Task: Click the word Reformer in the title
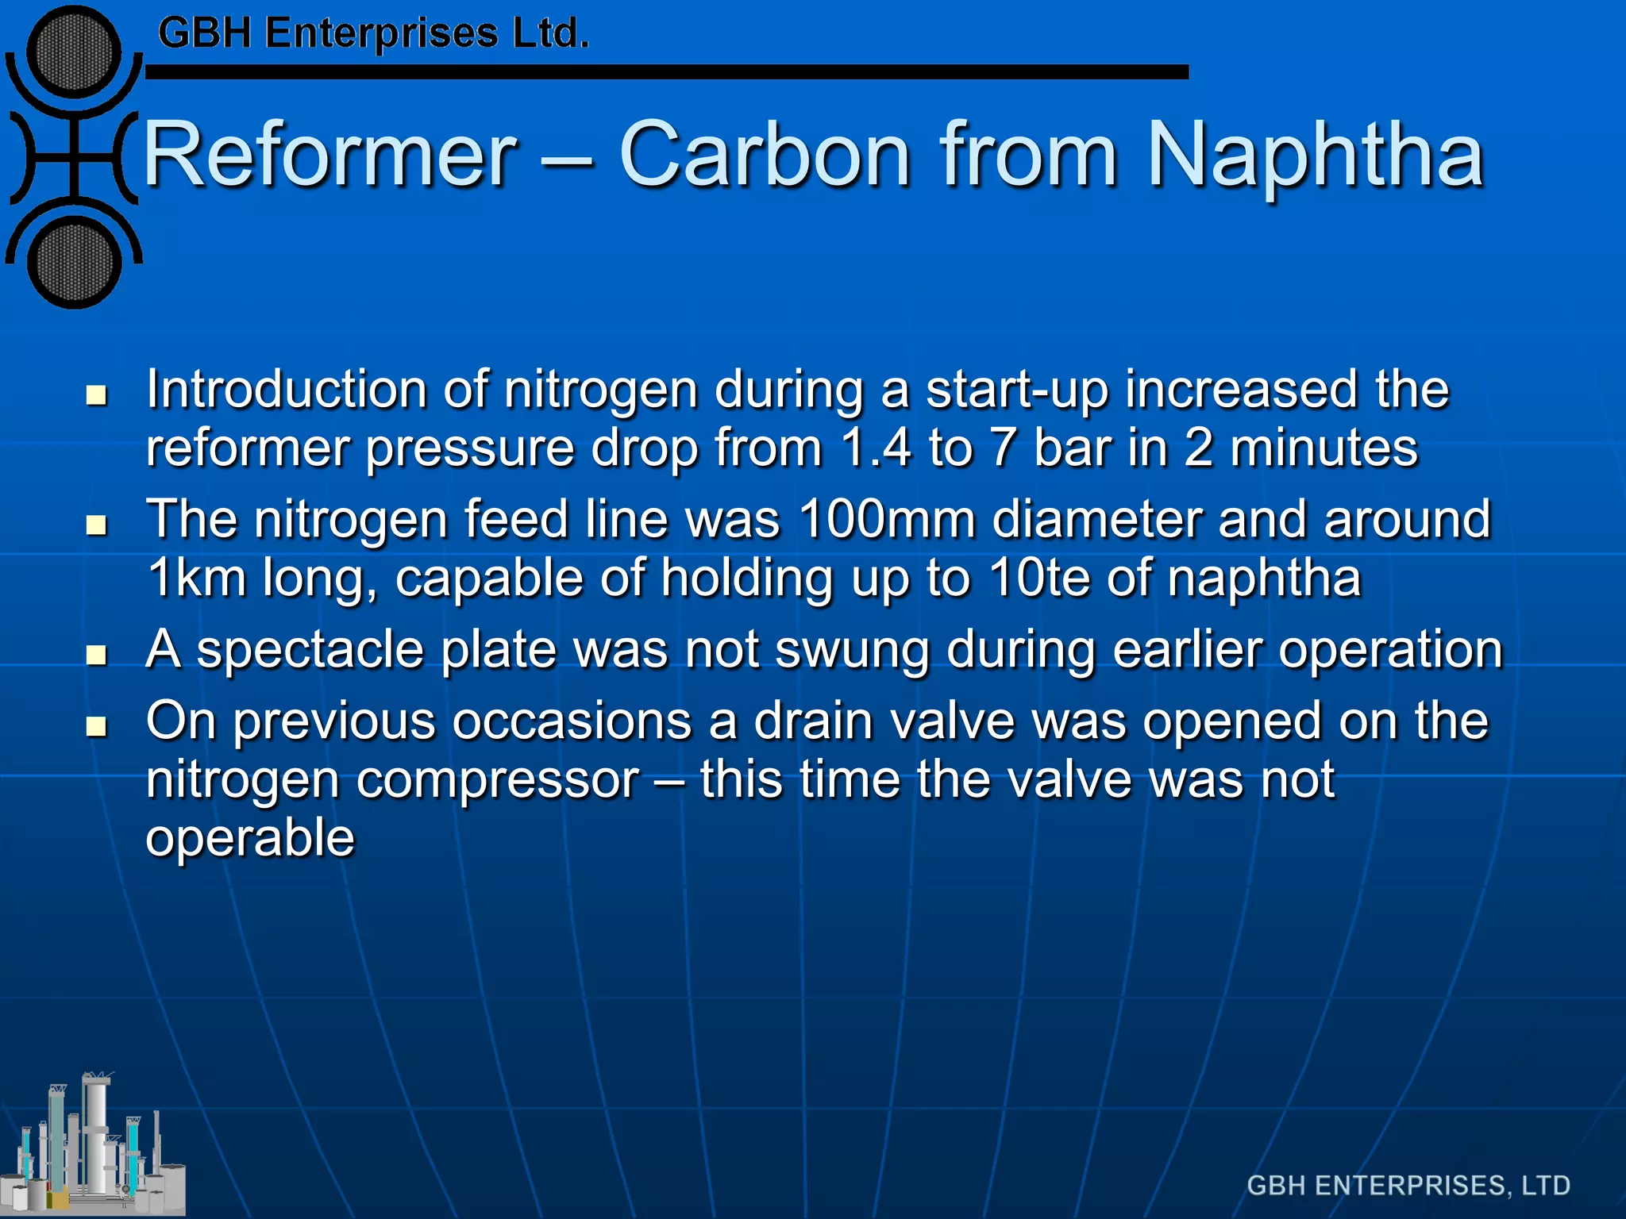point(329,155)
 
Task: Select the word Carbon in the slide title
point(764,155)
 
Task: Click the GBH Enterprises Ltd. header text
point(373,34)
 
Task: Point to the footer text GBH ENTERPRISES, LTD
point(1408,1186)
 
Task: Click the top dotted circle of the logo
point(74,52)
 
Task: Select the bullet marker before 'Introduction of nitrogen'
point(97,394)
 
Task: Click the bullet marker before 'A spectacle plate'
point(97,655)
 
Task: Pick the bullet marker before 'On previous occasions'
point(97,726)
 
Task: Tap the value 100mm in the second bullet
point(887,520)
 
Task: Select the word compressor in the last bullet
point(497,780)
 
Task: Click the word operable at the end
point(250,838)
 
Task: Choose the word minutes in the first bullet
point(1324,448)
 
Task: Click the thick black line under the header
point(667,72)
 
